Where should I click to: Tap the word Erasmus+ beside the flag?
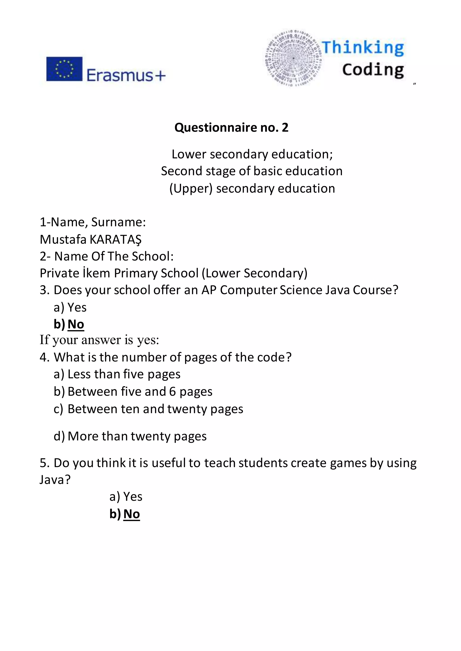pos(125,76)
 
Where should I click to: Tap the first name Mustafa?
pos(63,240)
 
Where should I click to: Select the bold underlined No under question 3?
pos(76,324)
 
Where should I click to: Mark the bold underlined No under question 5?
pos(132,514)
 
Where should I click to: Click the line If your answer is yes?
pos(99,340)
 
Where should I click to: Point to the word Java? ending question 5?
pos(55,480)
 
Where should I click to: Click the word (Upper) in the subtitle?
pos(191,189)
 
